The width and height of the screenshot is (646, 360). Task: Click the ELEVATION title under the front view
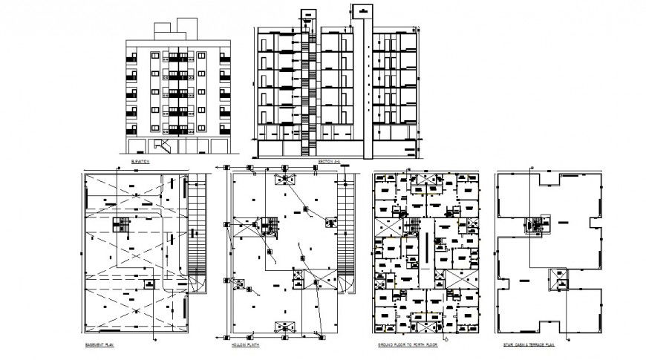tap(140, 160)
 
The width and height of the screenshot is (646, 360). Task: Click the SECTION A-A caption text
tap(328, 160)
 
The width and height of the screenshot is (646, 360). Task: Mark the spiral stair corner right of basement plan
tap(198, 283)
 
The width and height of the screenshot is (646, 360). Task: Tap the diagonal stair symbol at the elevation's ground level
tap(165, 145)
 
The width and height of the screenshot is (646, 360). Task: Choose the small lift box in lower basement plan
tap(148, 285)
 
